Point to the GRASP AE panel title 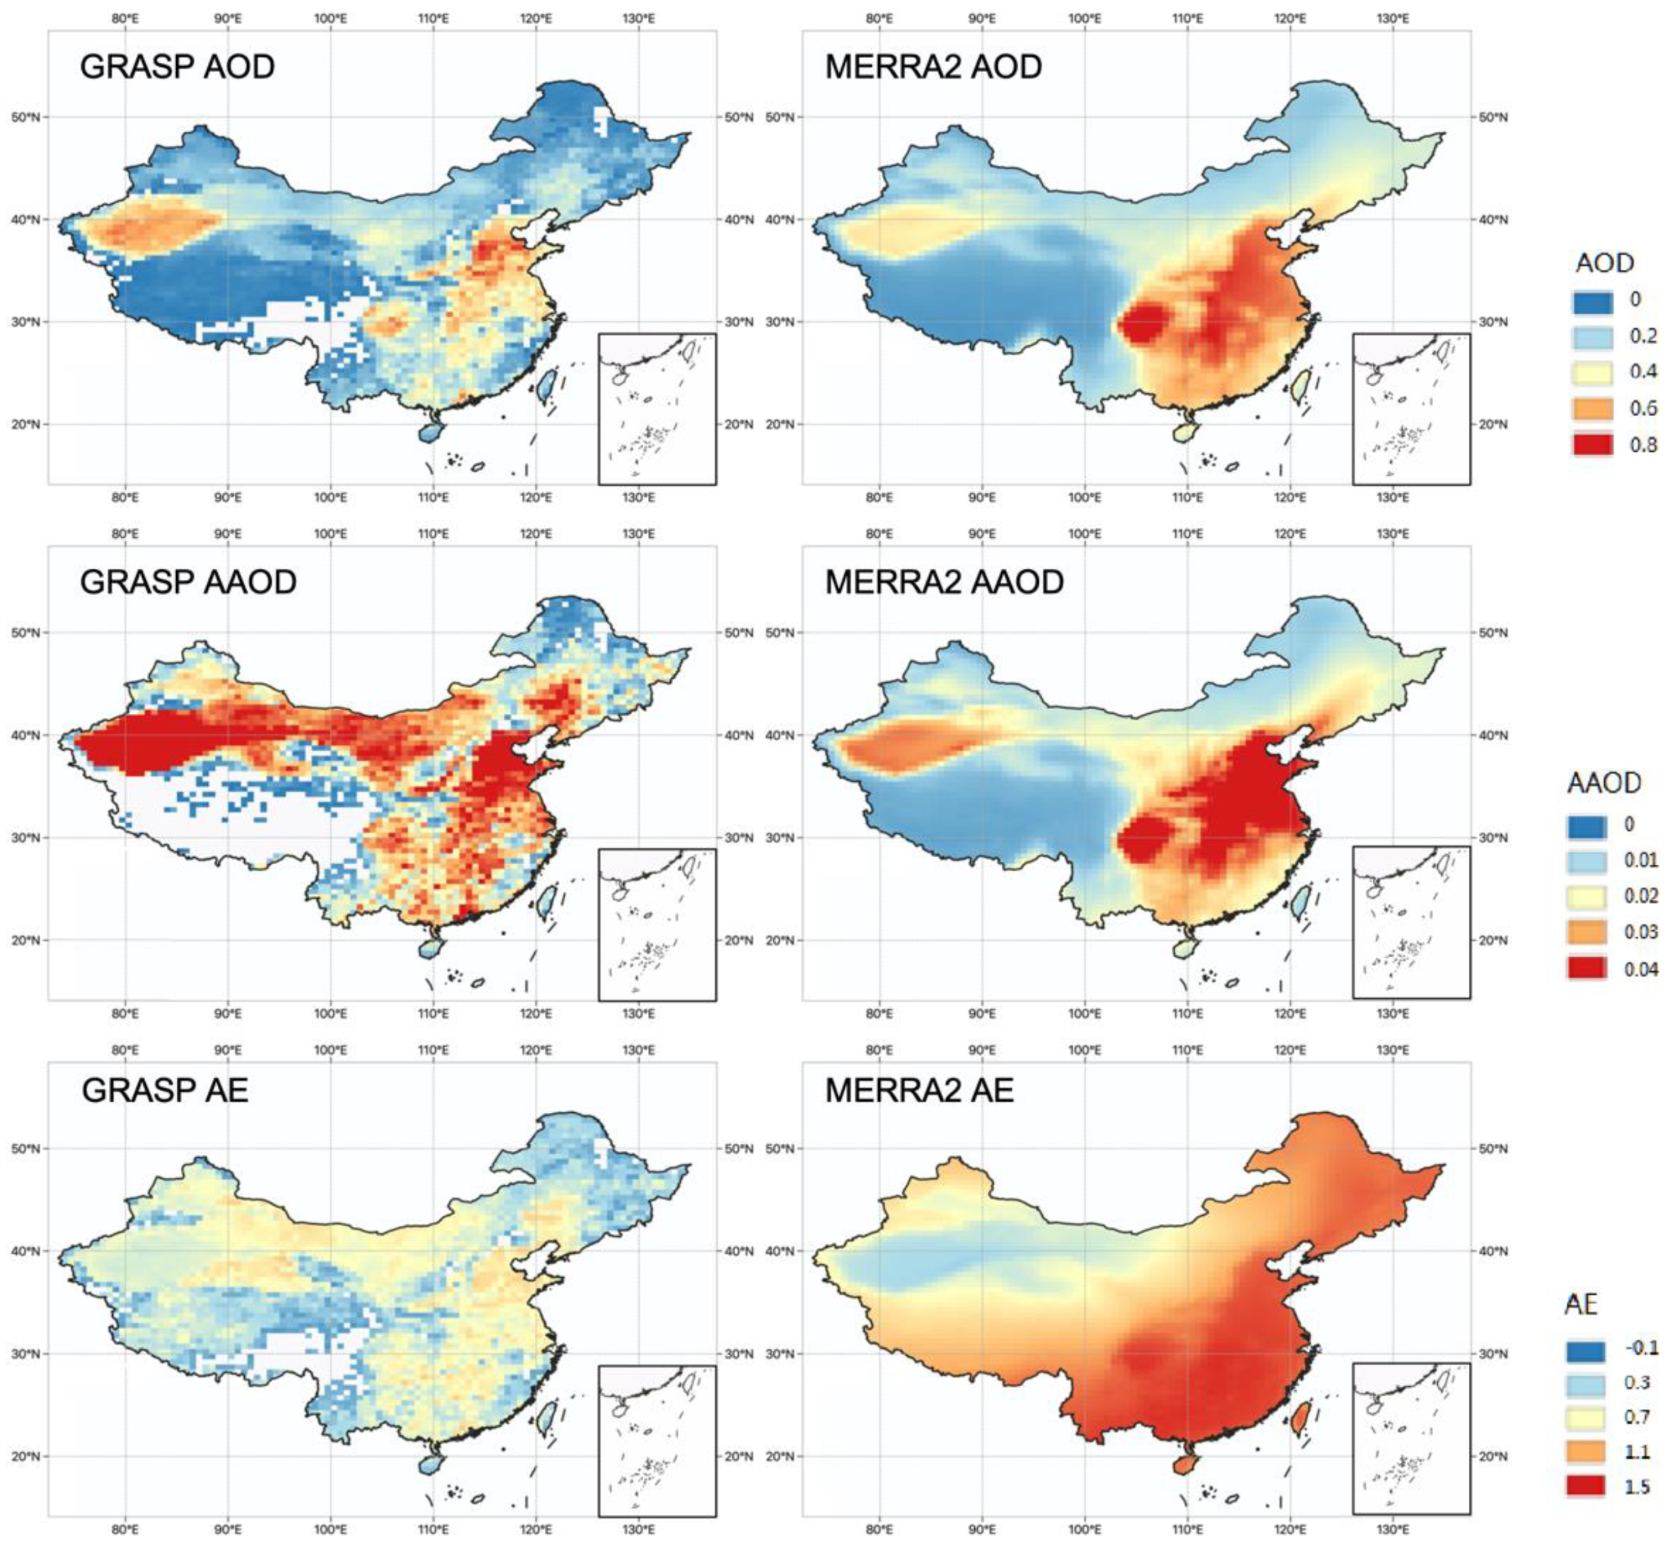click(165, 1090)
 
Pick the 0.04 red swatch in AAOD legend click(1586, 968)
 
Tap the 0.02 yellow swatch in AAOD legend click(1586, 896)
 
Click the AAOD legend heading click(1603, 783)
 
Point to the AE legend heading click(1579, 1304)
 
